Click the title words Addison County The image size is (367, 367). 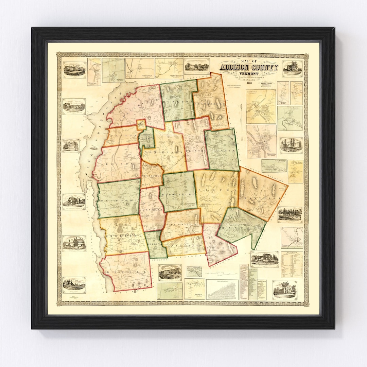(249, 67)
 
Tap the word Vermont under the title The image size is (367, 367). (249, 74)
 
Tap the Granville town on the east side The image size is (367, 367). (262, 194)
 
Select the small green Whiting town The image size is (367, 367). (155, 245)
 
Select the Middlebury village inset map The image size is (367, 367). (261, 141)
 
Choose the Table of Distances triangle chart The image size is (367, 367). (223, 289)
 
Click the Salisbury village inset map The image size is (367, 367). (292, 238)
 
